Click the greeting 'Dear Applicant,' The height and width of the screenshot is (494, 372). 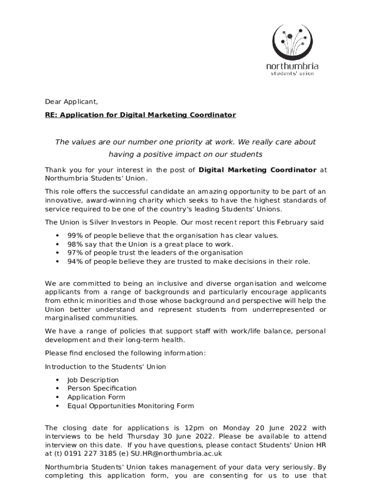pyautogui.click(x=72, y=102)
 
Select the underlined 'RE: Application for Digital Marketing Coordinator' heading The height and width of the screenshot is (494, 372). pyautogui.click(x=140, y=115)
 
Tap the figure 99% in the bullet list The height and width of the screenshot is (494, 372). pyautogui.click(x=75, y=235)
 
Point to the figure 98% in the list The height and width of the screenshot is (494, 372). pyautogui.click(x=75, y=244)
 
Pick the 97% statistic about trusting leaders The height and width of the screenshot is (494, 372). pyautogui.click(x=75, y=253)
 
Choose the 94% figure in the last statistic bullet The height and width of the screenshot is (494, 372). pyautogui.click(x=75, y=261)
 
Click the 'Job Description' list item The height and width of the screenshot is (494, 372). pyautogui.click(x=93, y=380)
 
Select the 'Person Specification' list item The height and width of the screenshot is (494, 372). pyautogui.click(x=102, y=388)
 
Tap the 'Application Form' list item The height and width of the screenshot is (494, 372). pyautogui.click(x=96, y=397)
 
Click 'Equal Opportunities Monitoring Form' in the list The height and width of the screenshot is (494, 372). pyautogui.click(x=130, y=406)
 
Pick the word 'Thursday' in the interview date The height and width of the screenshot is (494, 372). pyautogui.click(x=144, y=436)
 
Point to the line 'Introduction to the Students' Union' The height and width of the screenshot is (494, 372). pyautogui.click(x=105, y=367)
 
